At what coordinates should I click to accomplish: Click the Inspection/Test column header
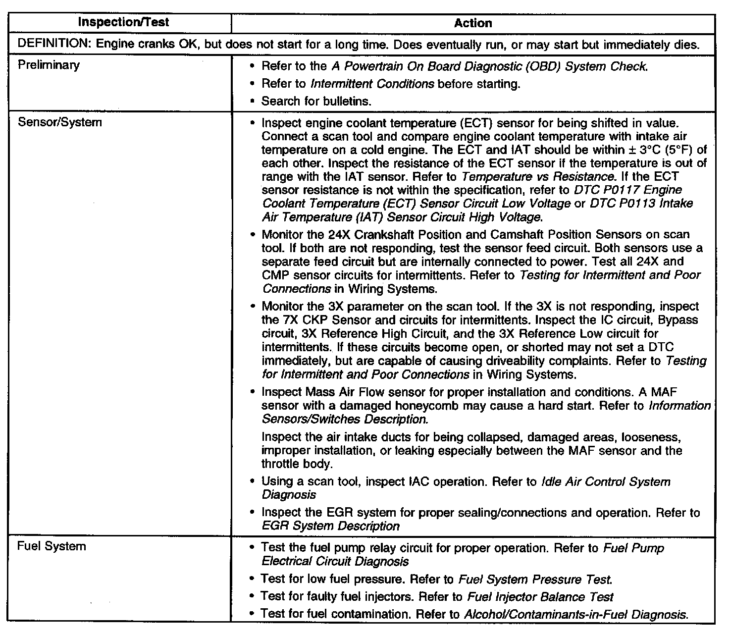pos(124,22)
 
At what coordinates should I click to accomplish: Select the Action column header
pos(473,23)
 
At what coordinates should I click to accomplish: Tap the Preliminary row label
pos(49,65)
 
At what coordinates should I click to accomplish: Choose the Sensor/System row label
pos(59,122)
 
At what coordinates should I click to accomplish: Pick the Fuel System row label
pos(52,546)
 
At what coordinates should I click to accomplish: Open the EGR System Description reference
pos(330,526)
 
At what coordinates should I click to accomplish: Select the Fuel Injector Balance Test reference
pos(540,597)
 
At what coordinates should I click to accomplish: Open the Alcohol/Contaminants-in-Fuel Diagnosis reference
pos(576,615)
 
